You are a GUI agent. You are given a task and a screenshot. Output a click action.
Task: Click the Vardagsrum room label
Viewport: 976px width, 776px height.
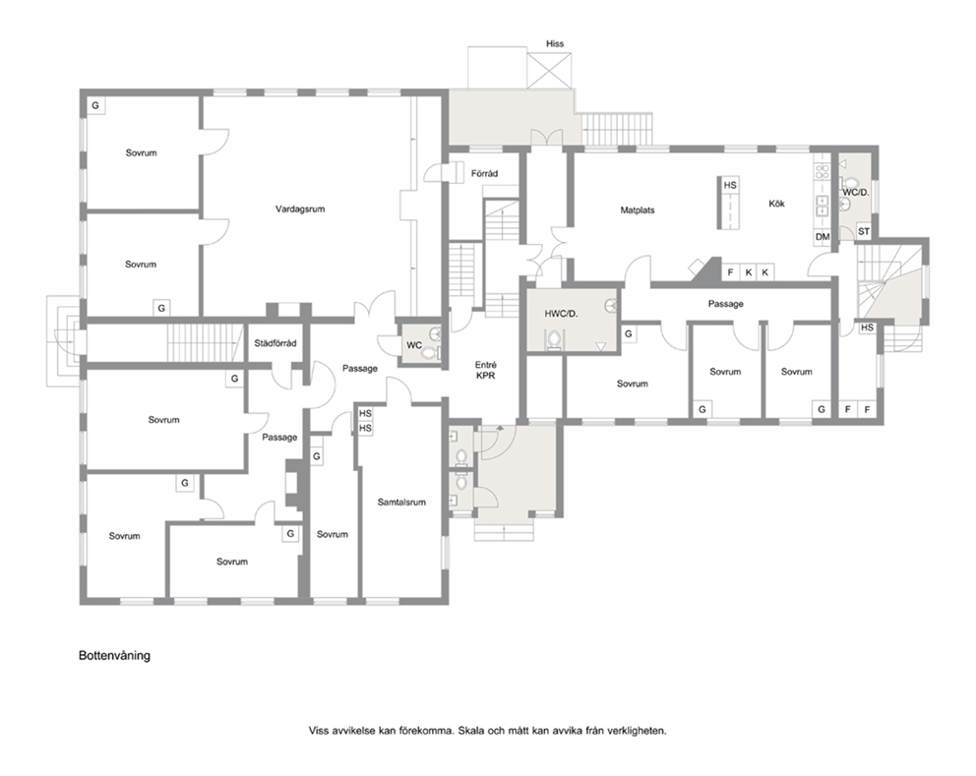(x=300, y=209)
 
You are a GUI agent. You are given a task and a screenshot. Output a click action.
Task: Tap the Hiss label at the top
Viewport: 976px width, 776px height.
(x=555, y=43)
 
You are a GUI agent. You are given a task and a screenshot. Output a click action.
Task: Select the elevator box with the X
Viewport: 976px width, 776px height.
(x=549, y=70)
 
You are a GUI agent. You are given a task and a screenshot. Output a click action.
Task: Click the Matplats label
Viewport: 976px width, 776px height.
(x=638, y=210)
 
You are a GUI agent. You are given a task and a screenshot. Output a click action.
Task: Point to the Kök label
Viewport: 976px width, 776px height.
(x=777, y=204)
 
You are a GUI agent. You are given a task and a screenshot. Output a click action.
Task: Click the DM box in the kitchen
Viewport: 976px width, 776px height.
(x=823, y=237)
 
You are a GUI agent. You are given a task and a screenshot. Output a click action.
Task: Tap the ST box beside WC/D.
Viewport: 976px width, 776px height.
(x=863, y=231)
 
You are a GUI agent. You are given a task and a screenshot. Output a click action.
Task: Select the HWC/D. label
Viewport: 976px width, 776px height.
(x=561, y=314)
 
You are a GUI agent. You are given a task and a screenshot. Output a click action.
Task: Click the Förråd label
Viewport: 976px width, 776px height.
(x=484, y=174)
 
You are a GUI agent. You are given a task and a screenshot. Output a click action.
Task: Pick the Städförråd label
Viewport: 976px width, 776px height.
(x=275, y=343)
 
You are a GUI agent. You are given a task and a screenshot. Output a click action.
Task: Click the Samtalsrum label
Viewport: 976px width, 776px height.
(x=401, y=503)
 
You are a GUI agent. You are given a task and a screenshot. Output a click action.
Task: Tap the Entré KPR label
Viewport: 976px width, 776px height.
(x=485, y=370)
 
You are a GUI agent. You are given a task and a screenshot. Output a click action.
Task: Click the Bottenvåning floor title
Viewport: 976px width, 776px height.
(x=114, y=655)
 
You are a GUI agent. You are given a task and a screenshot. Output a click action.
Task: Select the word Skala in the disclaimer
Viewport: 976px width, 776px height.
(x=471, y=731)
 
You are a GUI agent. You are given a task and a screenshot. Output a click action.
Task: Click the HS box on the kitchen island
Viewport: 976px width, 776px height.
(x=730, y=185)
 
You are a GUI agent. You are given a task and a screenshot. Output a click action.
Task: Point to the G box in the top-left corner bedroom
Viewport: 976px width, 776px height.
(x=95, y=106)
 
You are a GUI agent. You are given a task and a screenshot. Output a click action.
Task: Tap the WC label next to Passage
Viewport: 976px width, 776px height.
(x=414, y=345)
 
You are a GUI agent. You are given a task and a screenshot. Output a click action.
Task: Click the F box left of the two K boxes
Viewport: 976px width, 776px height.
(x=731, y=272)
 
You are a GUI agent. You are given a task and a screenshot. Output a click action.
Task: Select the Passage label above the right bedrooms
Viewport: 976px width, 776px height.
(x=726, y=304)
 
